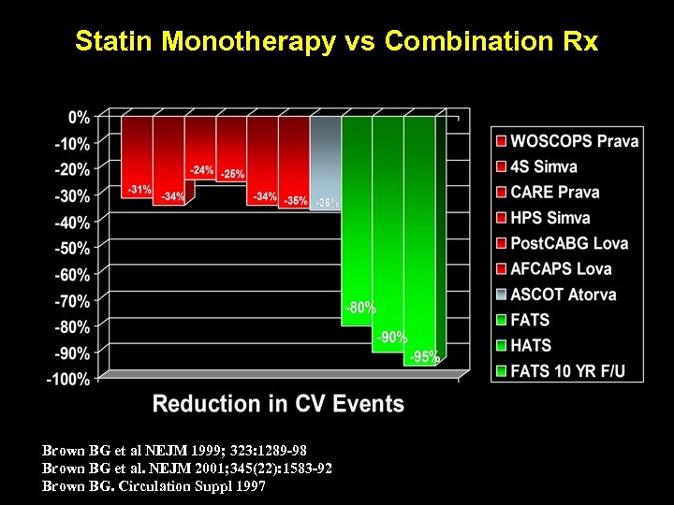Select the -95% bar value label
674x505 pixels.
pyautogui.click(x=424, y=356)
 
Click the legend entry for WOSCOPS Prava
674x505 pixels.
pyautogui.click(x=574, y=141)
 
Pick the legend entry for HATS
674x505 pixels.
pyautogui.click(x=531, y=345)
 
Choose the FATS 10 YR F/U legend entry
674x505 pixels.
pyautogui.click(x=567, y=371)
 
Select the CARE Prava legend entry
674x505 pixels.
pyautogui.click(x=554, y=193)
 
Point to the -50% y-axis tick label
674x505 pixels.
pyautogui.click(x=72, y=249)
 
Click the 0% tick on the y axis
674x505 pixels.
pyautogui.click(x=79, y=118)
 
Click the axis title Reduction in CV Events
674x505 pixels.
pyautogui.click(x=278, y=405)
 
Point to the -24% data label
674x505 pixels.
pyautogui.click(x=201, y=171)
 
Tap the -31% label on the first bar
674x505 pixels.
pyautogui.click(x=139, y=190)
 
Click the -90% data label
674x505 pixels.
pyautogui.click(x=391, y=337)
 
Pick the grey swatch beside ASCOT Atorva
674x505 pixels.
pyautogui.click(x=502, y=295)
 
